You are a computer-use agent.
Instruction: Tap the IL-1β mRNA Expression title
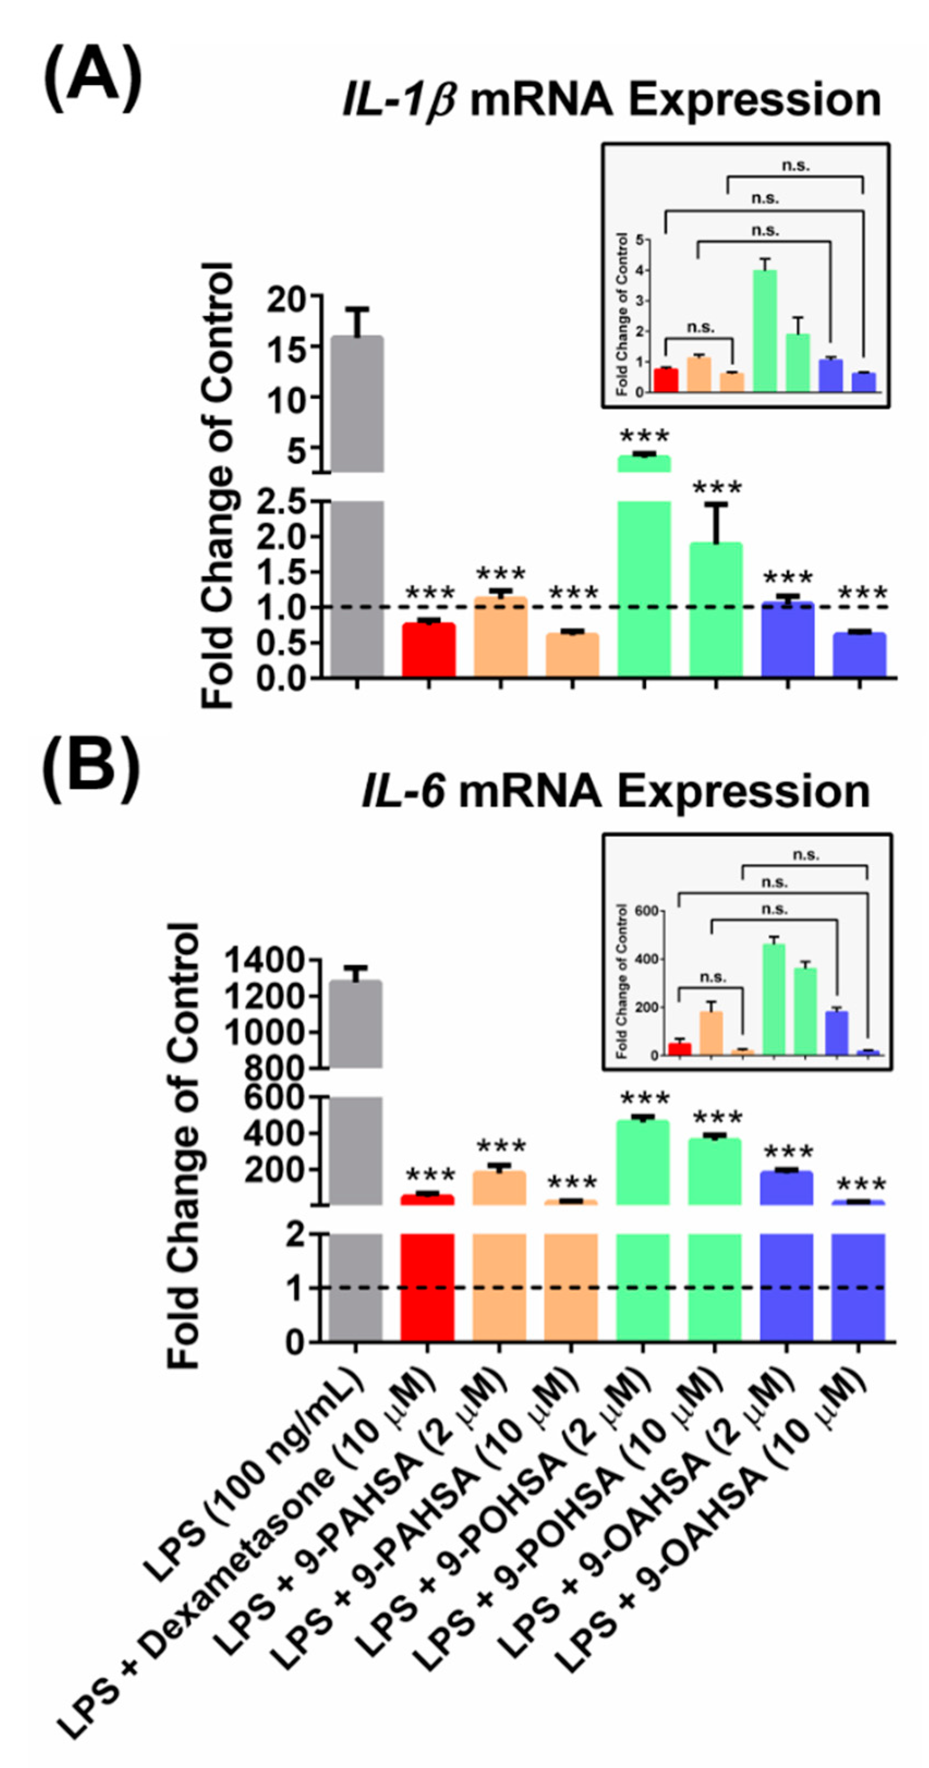click(x=611, y=101)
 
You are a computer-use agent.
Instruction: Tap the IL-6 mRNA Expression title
click(x=615, y=792)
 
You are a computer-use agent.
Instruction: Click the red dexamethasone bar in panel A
click(x=428, y=649)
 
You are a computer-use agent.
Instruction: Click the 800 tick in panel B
click(x=275, y=1069)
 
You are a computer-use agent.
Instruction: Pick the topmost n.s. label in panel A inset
click(x=795, y=166)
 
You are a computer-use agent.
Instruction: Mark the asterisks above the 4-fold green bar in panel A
click(x=643, y=436)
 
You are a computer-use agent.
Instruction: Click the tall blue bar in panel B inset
click(x=836, y=1033)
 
